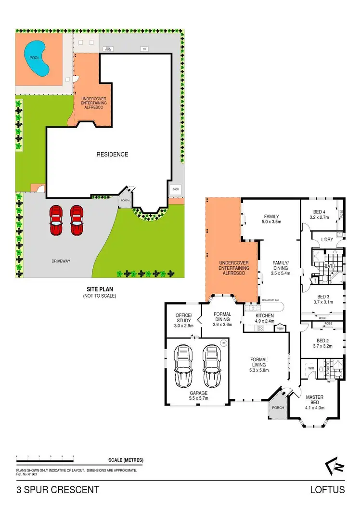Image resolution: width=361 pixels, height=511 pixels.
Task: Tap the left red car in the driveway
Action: click(56, 220)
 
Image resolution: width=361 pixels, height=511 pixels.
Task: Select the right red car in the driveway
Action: click(77, 220)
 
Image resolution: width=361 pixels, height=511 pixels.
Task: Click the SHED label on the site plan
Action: click(175, 189)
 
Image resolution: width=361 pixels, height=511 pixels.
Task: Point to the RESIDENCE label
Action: click(112, 155)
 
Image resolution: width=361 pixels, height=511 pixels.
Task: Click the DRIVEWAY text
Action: click(61, 261)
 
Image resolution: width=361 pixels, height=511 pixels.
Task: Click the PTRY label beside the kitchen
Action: click(280, 329)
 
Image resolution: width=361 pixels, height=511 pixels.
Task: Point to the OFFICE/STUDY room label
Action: click(183, 318)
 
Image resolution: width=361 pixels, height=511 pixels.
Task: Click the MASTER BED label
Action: click(315, 400)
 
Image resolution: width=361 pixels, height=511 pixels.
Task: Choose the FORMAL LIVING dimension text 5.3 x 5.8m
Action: click(259, 370)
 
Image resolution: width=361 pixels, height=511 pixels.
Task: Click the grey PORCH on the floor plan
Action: click(278, 408)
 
